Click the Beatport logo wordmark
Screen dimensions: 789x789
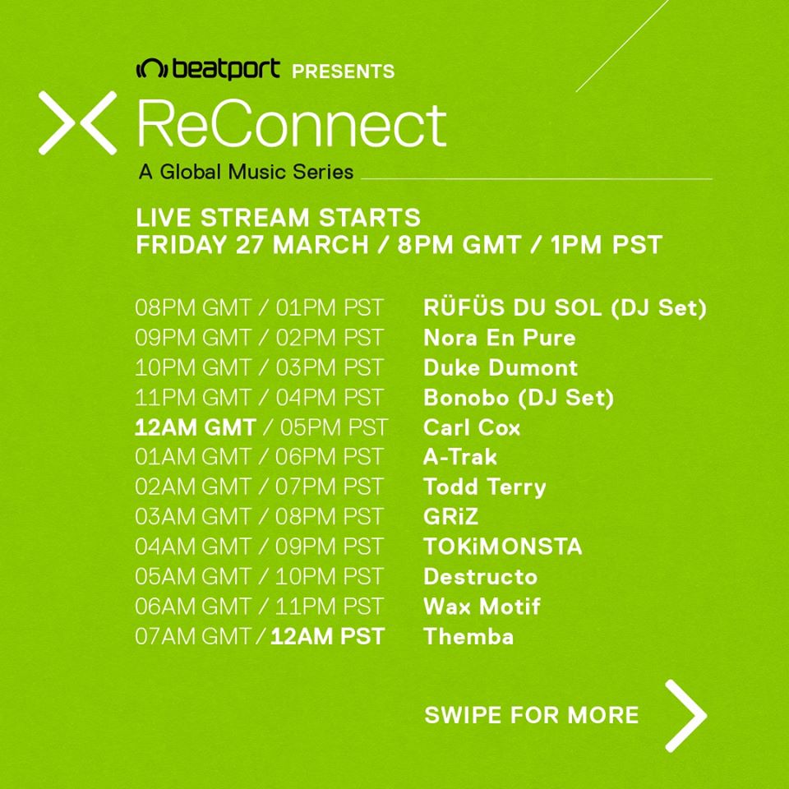tap(208, 69)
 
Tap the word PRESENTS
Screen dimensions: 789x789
tap(344, 72)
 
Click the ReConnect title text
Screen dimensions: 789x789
tap(292, 124)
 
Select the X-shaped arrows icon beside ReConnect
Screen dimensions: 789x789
tap(77, 122)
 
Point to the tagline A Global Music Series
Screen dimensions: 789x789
tap(246, 172)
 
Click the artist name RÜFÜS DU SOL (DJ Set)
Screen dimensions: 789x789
tap(565, 308)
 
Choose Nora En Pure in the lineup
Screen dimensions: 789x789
tap(500, 338)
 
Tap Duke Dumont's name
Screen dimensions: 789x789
tap(501, 368)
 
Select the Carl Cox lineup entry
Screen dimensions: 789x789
tap(472, 427)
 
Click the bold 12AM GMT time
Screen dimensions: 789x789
tap(196, 427)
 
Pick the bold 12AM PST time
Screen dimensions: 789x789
tap(328, 636)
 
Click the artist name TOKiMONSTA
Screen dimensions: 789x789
tap(503, 547)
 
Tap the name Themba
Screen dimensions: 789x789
tap(468, 636)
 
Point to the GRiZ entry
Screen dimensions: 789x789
tap(451, 517)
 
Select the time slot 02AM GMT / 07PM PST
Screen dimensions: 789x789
tap(259, 487)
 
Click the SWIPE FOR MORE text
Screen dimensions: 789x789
tap(532, 715)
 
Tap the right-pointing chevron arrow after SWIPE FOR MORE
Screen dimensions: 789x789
tap(685, 716)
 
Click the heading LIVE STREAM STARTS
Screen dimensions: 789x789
tap(279, 218)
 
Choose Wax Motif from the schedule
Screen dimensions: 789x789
tap(482, 607)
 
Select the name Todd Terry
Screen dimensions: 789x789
tap(485, 487)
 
